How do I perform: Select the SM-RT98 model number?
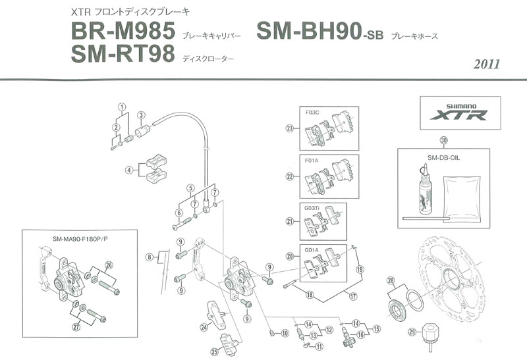click(121, 57)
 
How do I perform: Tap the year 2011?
click(486, 64)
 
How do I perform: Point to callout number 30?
click(443, 140)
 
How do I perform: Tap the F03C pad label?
click(314, 113)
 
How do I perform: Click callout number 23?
click(289, 128)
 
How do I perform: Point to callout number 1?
click(121, 107)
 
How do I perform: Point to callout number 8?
click(150, 257)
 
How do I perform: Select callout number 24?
click(204, 326)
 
